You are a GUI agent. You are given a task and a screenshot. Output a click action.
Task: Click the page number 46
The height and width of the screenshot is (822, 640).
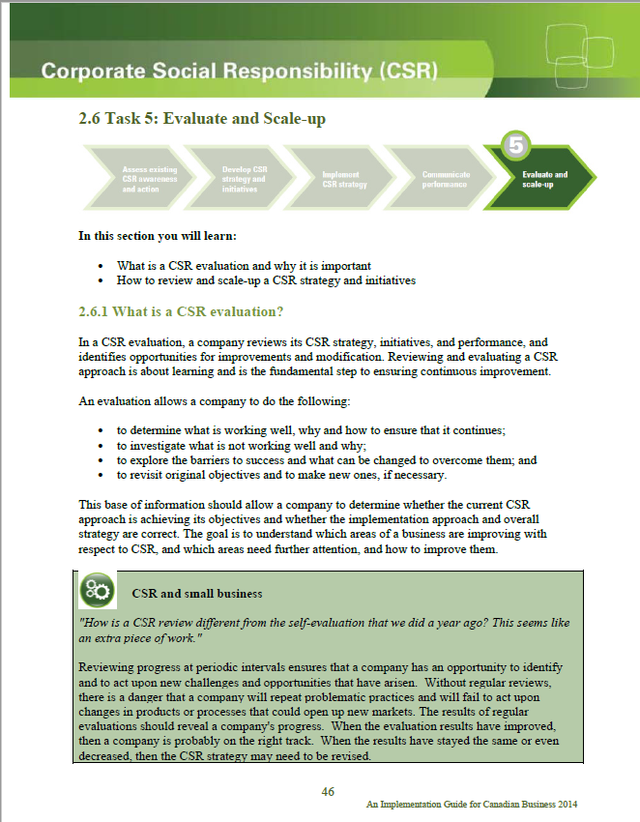point(328,791)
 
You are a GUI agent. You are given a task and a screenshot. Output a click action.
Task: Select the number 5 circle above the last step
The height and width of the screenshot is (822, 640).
point(516,147)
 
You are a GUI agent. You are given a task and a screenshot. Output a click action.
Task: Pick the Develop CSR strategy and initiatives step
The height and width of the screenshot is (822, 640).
point(243,180)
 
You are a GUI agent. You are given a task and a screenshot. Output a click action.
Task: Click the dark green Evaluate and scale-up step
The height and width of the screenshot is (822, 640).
point(545,180)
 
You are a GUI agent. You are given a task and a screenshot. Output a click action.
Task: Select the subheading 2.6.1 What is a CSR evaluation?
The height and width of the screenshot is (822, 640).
point(180,311)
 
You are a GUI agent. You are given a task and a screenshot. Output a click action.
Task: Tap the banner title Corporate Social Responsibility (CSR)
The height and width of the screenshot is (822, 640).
point(240,71)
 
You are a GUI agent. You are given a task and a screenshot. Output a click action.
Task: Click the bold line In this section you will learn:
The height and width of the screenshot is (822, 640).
point(157,235)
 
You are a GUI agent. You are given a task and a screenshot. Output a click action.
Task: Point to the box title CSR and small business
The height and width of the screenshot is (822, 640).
point(196,592)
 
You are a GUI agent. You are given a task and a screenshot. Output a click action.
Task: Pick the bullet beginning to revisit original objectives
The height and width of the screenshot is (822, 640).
point(281,475)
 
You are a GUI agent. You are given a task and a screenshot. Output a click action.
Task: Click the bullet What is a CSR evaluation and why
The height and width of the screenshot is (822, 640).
point(244,265)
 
